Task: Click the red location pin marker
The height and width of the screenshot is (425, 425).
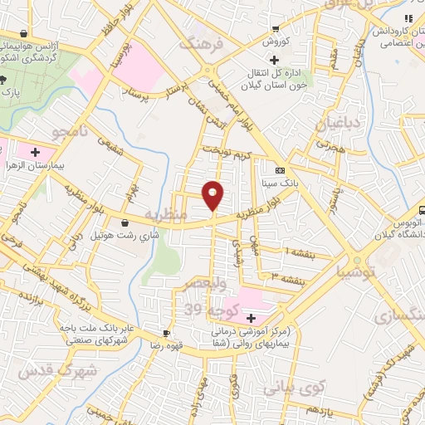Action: (213, 194)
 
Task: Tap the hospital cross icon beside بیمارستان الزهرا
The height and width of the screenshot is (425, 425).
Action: (36, 152)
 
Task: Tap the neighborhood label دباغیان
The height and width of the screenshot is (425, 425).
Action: (335, 124)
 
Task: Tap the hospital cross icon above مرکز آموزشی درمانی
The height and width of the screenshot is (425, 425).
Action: (251, 318)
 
